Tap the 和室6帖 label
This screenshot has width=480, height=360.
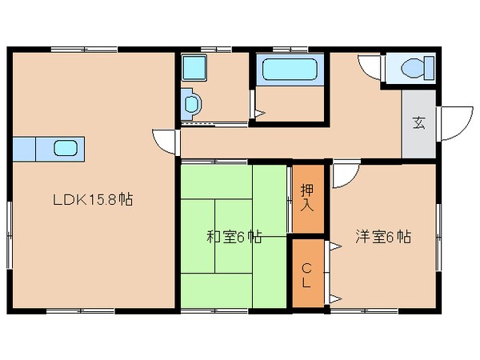click(234, 236)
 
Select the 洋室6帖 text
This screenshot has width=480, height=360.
click(383, 236)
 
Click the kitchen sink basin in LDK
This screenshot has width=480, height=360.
click(66, 148)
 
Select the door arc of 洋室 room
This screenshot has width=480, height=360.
click(344, 174)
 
